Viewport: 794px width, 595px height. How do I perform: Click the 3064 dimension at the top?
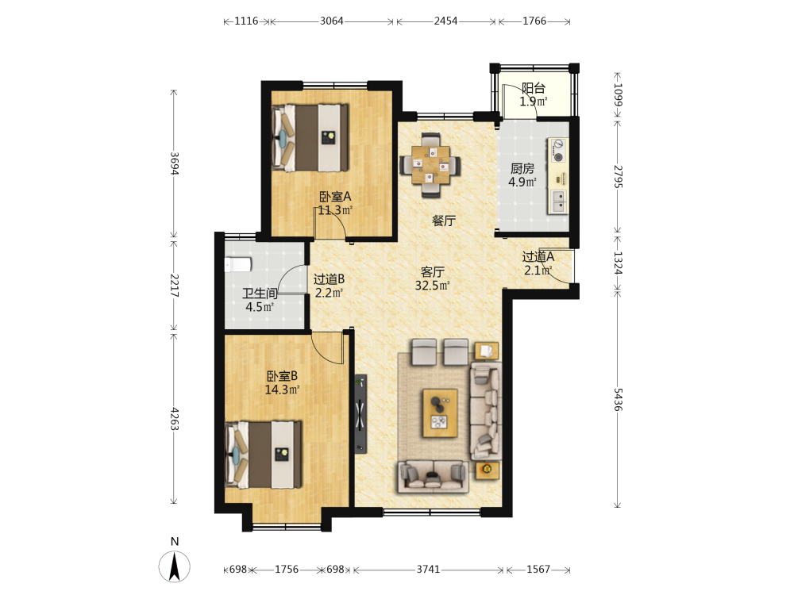332,21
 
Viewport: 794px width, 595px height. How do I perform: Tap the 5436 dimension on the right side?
618,399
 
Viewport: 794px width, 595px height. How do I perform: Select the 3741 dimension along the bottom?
429,569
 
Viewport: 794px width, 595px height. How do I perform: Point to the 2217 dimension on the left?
174,286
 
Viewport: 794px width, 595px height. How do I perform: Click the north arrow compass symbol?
175,566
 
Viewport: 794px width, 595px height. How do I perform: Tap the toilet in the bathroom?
238,265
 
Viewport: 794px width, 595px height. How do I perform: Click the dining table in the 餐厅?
430,164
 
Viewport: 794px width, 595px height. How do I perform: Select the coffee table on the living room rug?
440,413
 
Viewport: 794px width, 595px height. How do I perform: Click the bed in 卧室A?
310,137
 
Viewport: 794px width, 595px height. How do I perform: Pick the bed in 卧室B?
264,455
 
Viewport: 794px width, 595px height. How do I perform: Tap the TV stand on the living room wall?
360,414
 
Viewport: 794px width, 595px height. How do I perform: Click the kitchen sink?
559,202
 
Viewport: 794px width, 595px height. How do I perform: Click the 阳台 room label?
534,88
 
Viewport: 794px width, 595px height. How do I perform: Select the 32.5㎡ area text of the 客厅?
432,286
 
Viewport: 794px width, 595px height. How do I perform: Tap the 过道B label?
330,278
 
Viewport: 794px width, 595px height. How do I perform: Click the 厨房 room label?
522,168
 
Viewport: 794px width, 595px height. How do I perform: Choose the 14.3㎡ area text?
282,390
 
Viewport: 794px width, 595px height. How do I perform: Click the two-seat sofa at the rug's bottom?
433,476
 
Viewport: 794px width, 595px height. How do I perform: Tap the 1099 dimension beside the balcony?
618,94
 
